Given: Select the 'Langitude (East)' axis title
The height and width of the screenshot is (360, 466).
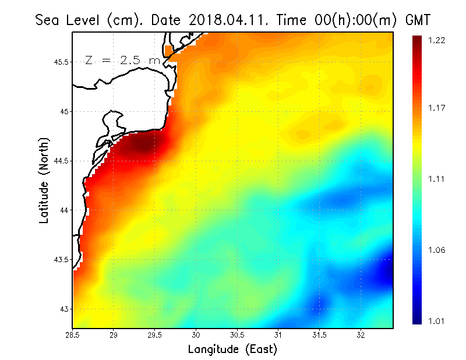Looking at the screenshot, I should [x=232, y=350].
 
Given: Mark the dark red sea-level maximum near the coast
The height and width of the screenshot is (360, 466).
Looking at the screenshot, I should [x=143, y=144].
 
